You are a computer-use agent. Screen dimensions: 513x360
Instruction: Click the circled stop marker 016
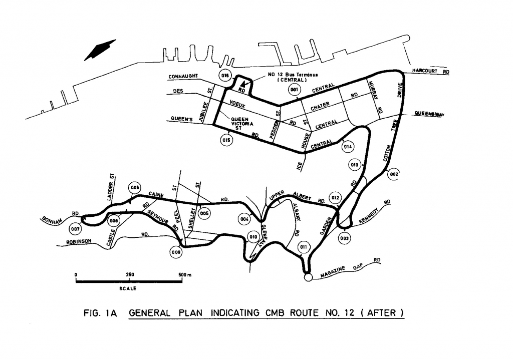pyautogui.click(x=225, y=76)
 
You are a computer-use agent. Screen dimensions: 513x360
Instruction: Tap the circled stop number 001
pyautogui.click(x=295, y=89)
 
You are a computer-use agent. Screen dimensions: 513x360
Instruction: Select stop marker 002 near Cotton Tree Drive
pyautogui.click(x=394, y=174)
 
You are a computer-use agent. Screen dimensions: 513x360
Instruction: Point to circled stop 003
pyautogui.click(x=344, y=238)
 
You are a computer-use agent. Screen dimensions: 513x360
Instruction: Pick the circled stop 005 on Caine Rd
pyautogui.click(x=204, y=213)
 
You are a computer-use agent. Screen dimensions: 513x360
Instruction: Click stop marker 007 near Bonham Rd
pyautogui.click(x=75, y=229)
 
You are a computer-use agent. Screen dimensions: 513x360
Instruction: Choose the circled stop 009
pyautogui.click(x=176, y=252)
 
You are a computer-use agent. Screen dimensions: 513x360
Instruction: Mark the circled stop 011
pyautogui.click(x=304, y=247)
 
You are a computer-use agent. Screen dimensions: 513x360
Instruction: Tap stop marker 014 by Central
pyautogui.click(x=348, y=147)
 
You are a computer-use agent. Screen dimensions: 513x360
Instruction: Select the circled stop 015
pyautogui.click(x=226, y=140)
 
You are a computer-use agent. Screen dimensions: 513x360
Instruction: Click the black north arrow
pyautogui.click(x=100, y=50)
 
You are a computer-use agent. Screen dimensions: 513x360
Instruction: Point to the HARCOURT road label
pyautogui.click(x=424, y=71)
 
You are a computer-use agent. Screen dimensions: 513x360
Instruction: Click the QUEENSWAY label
pyautogui.click(x=429, y=114)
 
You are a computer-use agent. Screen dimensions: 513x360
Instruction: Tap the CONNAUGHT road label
pyautogui.click(x=183, y=77)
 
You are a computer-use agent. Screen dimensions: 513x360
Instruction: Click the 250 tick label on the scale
pyautogui.click(x=130, y=274)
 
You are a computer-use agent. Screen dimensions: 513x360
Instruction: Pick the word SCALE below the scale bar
pyautogui.click(x=128, y=288)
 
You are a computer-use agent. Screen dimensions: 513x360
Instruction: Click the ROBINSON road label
pyautogui.click(x=79, y=242)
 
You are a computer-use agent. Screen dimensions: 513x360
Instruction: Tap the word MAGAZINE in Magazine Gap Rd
pyautogui.click(x=333, y=272)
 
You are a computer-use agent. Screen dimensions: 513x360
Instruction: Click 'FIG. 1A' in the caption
pyautogui.click(x=100, y=313)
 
